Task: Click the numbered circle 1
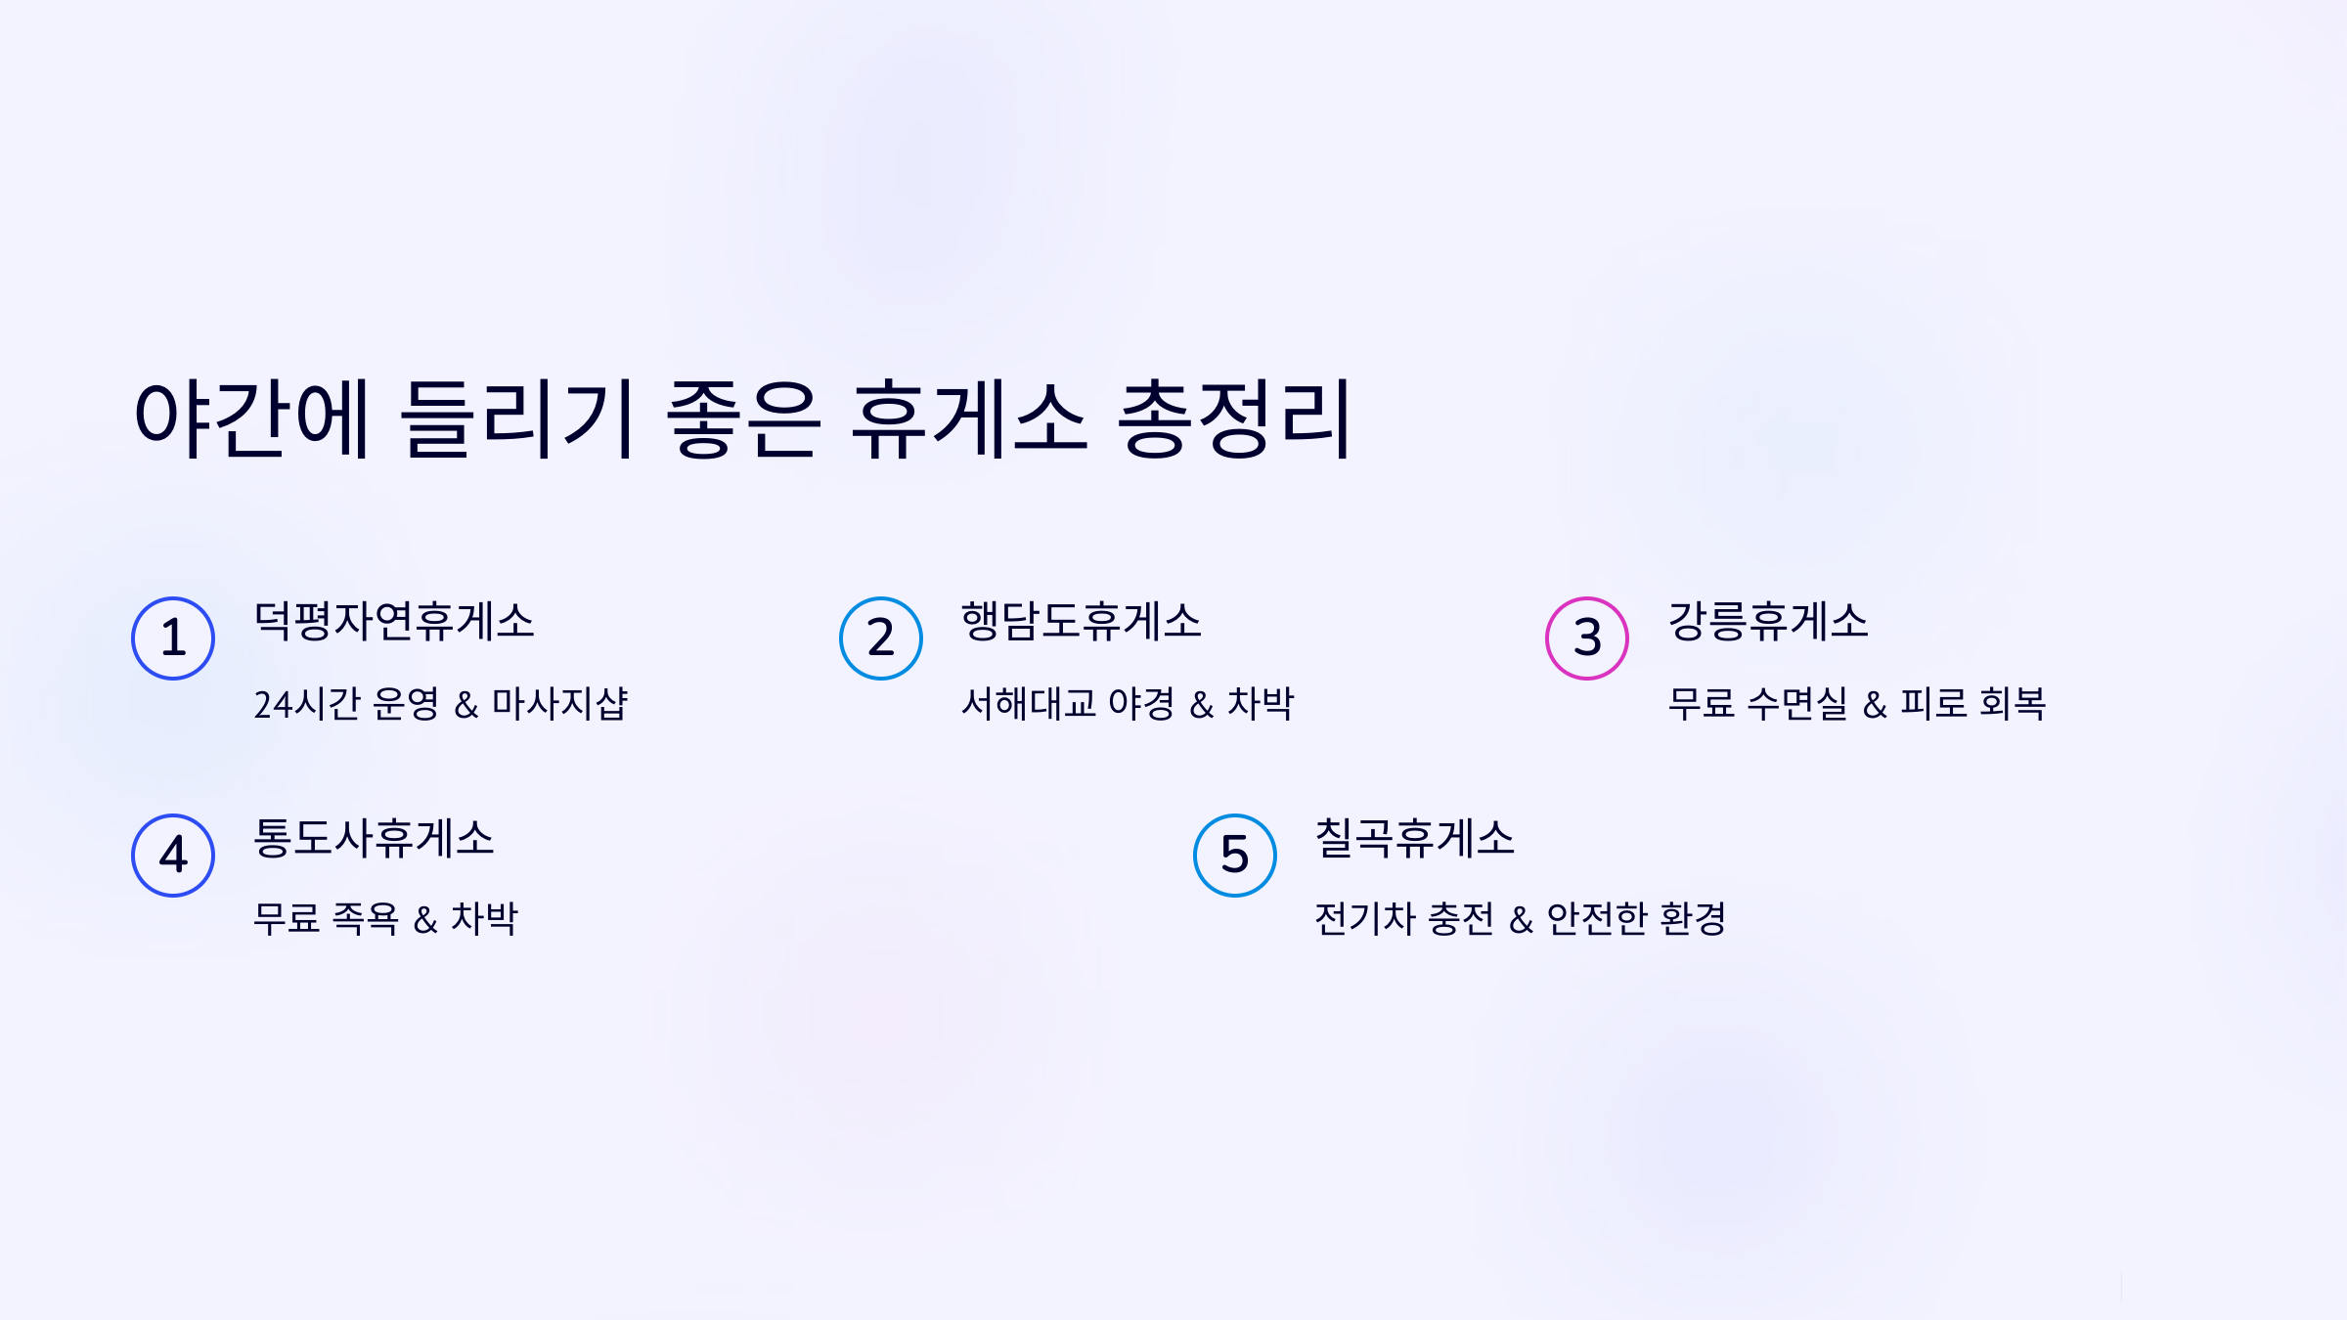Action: coord(173,638)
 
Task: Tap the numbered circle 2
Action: coord(880,638)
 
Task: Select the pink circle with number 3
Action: coord(1586,638)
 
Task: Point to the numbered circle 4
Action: coord(173,856)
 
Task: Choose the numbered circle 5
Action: coord(1234,856)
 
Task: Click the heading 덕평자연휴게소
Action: coord(394,622)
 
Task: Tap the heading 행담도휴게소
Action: coord(1081,622)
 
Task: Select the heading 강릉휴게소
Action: coord(1768,622)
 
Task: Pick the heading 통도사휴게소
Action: coord(374,839)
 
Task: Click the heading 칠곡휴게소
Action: coord(1414,839)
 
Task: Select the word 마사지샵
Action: coord(559,704)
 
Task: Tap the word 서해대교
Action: coord(1028,704)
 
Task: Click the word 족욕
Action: coord(366,919)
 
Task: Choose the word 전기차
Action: coord(1360,919)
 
